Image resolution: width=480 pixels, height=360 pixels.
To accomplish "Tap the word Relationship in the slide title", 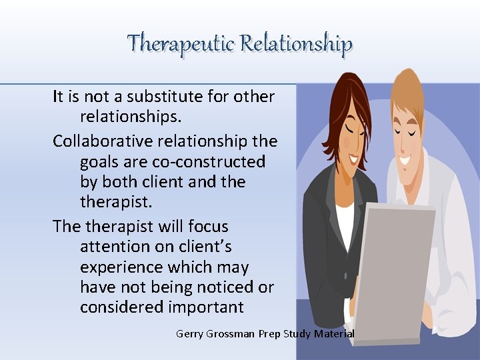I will pyautogui.click(x=296, y=44).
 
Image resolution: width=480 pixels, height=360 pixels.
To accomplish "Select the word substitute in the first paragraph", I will pyautogui.click(x=161, y=97).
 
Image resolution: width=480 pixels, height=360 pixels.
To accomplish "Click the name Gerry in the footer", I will pyautogui.click(x=191, y=333).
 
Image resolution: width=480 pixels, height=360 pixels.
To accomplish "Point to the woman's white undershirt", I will pyautogui.click(x=345, y=223).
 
